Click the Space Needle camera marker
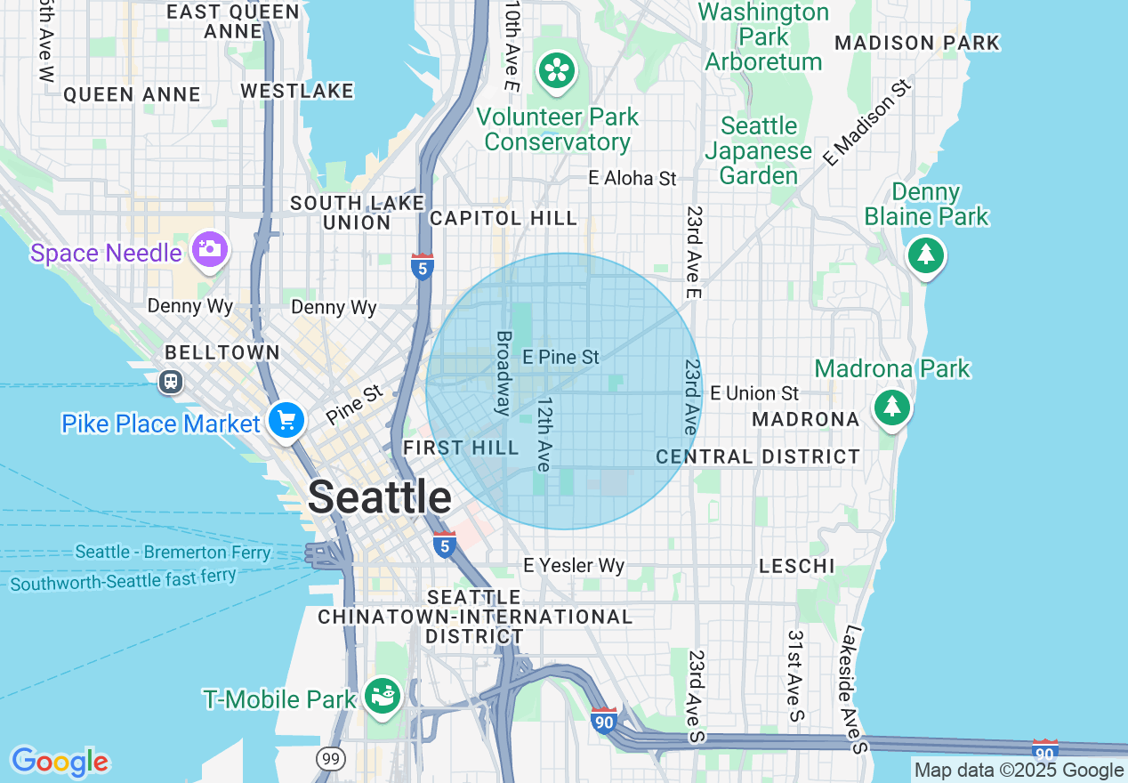[x=210, y=250]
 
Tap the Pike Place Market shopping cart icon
[x=286, y=420]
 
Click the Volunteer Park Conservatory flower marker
[x=557, y=70]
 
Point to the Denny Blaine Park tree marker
[x=926, y=255]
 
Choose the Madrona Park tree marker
[x=891, y=408]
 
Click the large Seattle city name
[x=380, y=497]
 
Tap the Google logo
[x=60, y=762]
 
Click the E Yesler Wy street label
[x=573, y=566]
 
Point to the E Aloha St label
[x=632, y=179]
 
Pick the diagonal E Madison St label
[x=867, y=124]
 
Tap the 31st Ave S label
[x=795, y=676]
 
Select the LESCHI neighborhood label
[x=796, y=566]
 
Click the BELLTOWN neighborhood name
[x=222, y=353]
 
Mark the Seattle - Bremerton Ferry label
[x=173, y=553]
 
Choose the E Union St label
[x=754, y=393]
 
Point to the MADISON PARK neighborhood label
[x=917, y=43]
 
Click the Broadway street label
[x=504, y=374]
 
